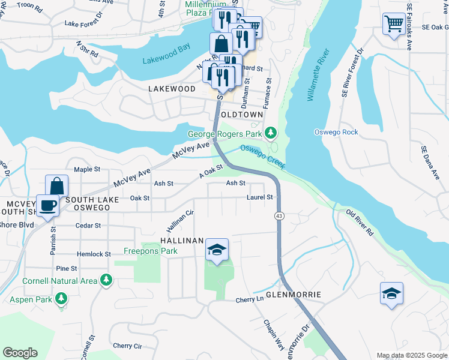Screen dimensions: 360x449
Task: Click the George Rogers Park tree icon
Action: (x=271, y=132)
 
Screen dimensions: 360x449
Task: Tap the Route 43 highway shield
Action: (x=279, y=215)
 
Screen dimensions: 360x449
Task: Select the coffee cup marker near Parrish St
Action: (x=48, y=206)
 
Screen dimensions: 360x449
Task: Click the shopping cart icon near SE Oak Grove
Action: (x=394, y=24)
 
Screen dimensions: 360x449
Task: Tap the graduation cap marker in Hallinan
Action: (x=217, y=249)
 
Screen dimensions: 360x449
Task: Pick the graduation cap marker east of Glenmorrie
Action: (x=391, y=293)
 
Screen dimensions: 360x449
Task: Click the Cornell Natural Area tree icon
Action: (x=106, y=280)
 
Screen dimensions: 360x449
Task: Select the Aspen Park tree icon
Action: (x=60, y=298)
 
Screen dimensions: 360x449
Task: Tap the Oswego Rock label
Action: (x=336, y=132)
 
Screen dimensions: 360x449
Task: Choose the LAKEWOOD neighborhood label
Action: (x=172, y=89)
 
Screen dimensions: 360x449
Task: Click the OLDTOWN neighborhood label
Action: (x=241, y=114)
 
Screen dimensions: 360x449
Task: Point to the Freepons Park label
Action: (x=151, y=251)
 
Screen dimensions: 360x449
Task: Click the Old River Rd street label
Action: (x=360, y=223)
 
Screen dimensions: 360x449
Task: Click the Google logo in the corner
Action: (x=20, y=353)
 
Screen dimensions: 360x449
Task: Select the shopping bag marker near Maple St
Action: (x=57, y=185)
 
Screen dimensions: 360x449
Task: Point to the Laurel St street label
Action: (x=260, y=197)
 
